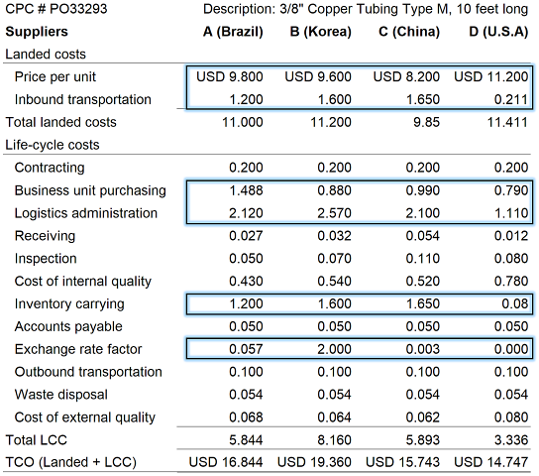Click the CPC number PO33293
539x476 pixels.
[x=78, y=9]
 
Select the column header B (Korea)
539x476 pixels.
[x=321, y=32]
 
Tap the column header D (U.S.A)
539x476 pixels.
[x=498, y=32]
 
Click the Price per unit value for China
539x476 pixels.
[x=406, y=76]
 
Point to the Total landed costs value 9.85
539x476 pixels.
[x=426, y=122]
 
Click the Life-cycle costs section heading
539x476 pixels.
[x=53, y=145]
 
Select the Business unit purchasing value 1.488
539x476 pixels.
[x=246, y=190]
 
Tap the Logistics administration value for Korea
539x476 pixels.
[x=335, y=213]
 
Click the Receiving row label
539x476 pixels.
[x=45, y=236]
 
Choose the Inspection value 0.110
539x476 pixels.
[x=423, y=258]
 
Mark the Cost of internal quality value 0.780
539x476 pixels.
[x=511, y=281]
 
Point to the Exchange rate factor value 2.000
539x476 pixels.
[x=335, y=349]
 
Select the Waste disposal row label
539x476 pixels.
[x=61, y=395]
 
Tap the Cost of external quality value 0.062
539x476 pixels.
[x=423, y=417]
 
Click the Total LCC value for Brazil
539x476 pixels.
[x=246, y=440]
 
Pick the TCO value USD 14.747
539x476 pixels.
[x=490, y=462]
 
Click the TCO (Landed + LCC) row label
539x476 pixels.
[x=71, y=462]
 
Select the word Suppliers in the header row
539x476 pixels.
[x=37, y=32]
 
